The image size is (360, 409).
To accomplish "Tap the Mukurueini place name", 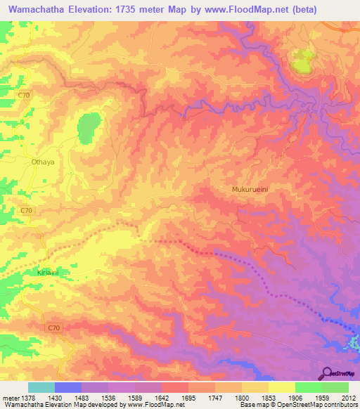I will pyautogui.click(x=252, y=190).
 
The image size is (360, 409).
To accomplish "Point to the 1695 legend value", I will pyautogui.click(x=188, y=398).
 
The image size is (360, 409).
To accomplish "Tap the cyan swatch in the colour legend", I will pyautogui.click(x=41, y=387).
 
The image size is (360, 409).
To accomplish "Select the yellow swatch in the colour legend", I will pyautogui.click(x=281, y=387).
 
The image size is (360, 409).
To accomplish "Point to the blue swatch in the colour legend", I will pyautogui.click(x=68, y=387).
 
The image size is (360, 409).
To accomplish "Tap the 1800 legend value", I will pyautogui.click(x=242, y=398).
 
